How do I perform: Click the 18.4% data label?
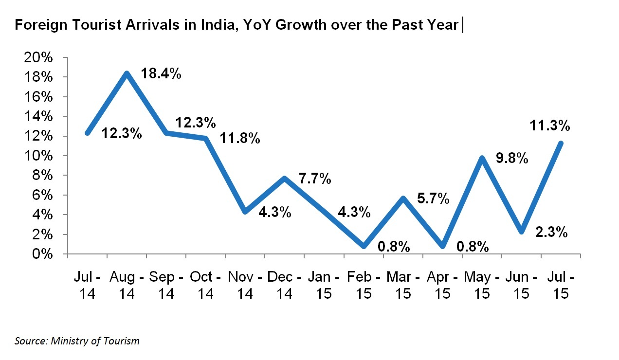click(161, 74)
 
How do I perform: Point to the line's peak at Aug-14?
click(127, 73)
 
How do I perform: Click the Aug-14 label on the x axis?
click(127, 285)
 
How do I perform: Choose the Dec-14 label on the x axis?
click(285, 285)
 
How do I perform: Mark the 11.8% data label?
click(240, 139)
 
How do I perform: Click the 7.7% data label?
click(315, 179)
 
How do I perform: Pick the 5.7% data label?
click(433, 199)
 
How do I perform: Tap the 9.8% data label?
click(512, 159)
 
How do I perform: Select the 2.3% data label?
click(551, 233)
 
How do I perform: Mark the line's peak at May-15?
click(482, 158)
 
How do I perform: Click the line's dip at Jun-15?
click(521, 232)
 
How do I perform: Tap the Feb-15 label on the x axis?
click(364, 285)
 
